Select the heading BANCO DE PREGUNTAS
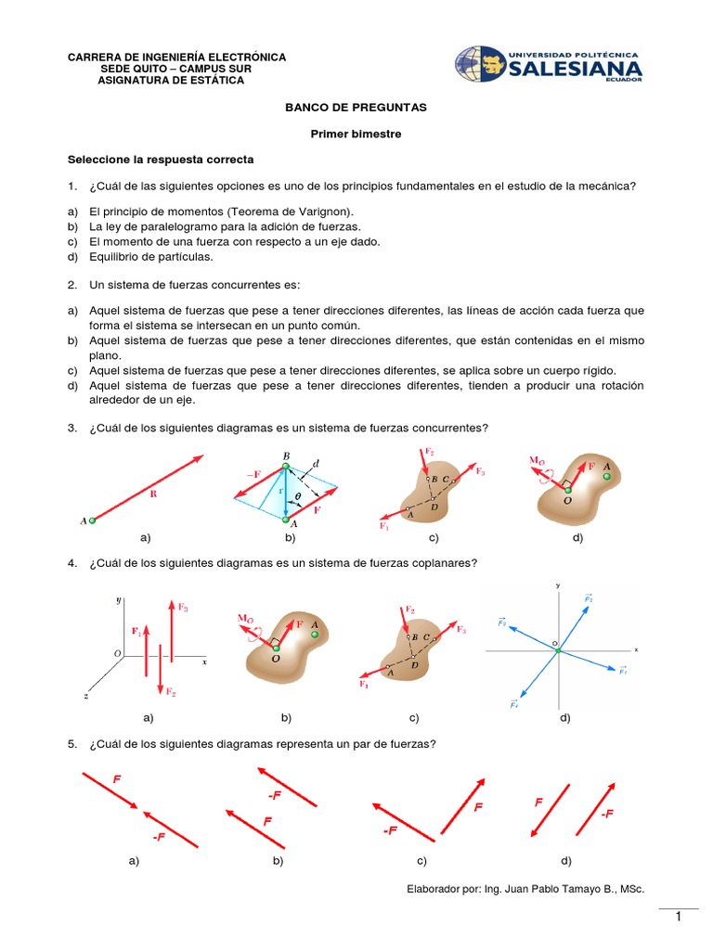[356, 108]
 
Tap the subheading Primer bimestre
[356, 134]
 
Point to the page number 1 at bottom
[679, 918]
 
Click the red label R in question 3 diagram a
[155, 494]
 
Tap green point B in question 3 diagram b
[285, 466]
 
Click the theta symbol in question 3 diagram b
[299, 497]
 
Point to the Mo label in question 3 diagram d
[538, 460]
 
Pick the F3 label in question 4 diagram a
[183, 609]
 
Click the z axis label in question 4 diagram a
[85, 695]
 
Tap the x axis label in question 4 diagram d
[637, 649]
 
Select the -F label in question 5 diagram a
[160, 812]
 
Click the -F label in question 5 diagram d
[608, 814]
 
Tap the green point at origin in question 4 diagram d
[558, 651]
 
